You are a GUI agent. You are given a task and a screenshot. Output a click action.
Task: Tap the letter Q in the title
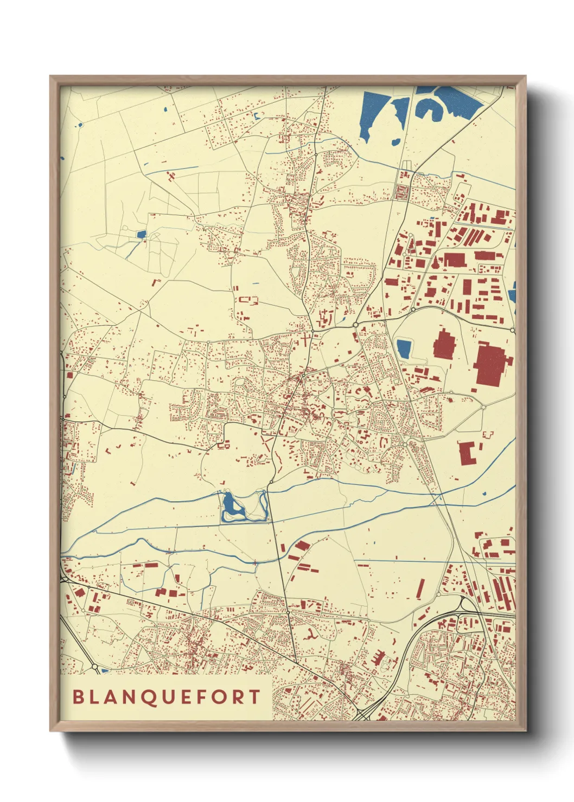coord(151,697)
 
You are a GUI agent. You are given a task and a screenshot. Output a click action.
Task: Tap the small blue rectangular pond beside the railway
coord(403,348)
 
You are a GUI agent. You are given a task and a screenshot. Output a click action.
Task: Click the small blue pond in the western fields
coord(142,235)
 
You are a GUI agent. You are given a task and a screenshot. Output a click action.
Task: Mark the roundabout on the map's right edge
coord(512,329)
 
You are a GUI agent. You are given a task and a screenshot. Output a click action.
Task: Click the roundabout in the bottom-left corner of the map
coord(94,667)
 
